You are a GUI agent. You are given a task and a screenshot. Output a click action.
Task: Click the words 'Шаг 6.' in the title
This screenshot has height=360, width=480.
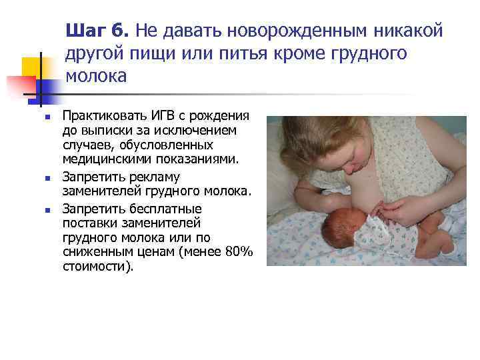tap(99, 30)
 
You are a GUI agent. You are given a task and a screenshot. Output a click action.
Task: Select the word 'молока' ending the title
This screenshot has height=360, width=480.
tap(96, 76)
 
